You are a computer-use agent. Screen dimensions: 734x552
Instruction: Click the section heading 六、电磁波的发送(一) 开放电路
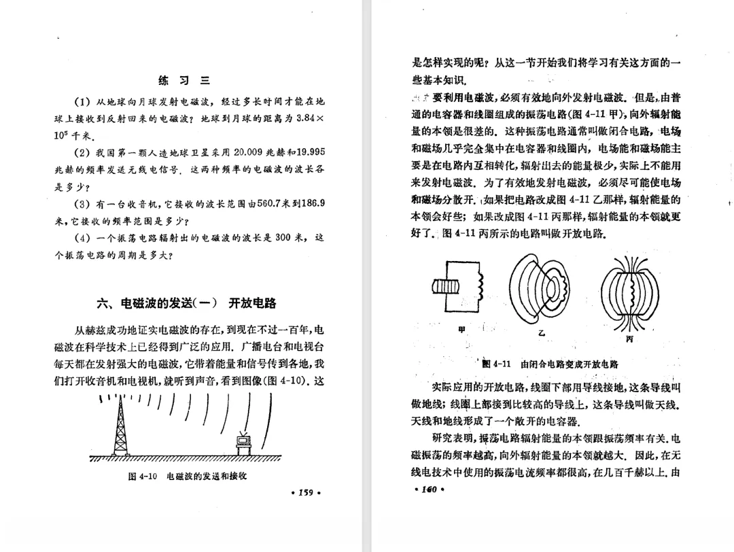point(186,303)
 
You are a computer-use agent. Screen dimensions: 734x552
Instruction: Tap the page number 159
point(304,493)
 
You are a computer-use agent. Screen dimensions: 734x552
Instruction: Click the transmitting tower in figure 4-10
point(121,425)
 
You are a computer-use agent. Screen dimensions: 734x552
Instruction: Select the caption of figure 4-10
point(188,476)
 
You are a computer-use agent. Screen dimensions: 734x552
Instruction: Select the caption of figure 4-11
point(550,364)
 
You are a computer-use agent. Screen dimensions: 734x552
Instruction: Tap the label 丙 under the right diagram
point(628,338)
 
